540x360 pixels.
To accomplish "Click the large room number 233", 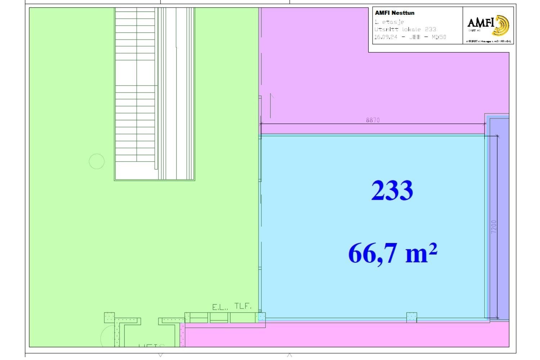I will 392,190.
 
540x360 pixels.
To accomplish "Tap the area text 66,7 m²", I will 393,253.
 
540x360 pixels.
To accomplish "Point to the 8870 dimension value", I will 373,120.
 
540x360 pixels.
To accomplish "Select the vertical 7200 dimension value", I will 494,227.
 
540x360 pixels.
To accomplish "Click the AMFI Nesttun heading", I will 395,13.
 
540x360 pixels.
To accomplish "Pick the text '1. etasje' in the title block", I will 389,22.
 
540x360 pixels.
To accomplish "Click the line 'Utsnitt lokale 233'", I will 405,30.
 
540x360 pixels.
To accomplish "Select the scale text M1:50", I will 439,37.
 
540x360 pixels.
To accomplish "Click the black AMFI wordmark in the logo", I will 481,23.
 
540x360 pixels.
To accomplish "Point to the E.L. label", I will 220,307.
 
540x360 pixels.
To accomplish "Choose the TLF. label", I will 243,306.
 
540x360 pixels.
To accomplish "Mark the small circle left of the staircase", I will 96,161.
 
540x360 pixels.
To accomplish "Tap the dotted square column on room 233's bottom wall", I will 411,317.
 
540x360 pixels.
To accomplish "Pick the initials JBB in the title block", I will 415,37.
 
